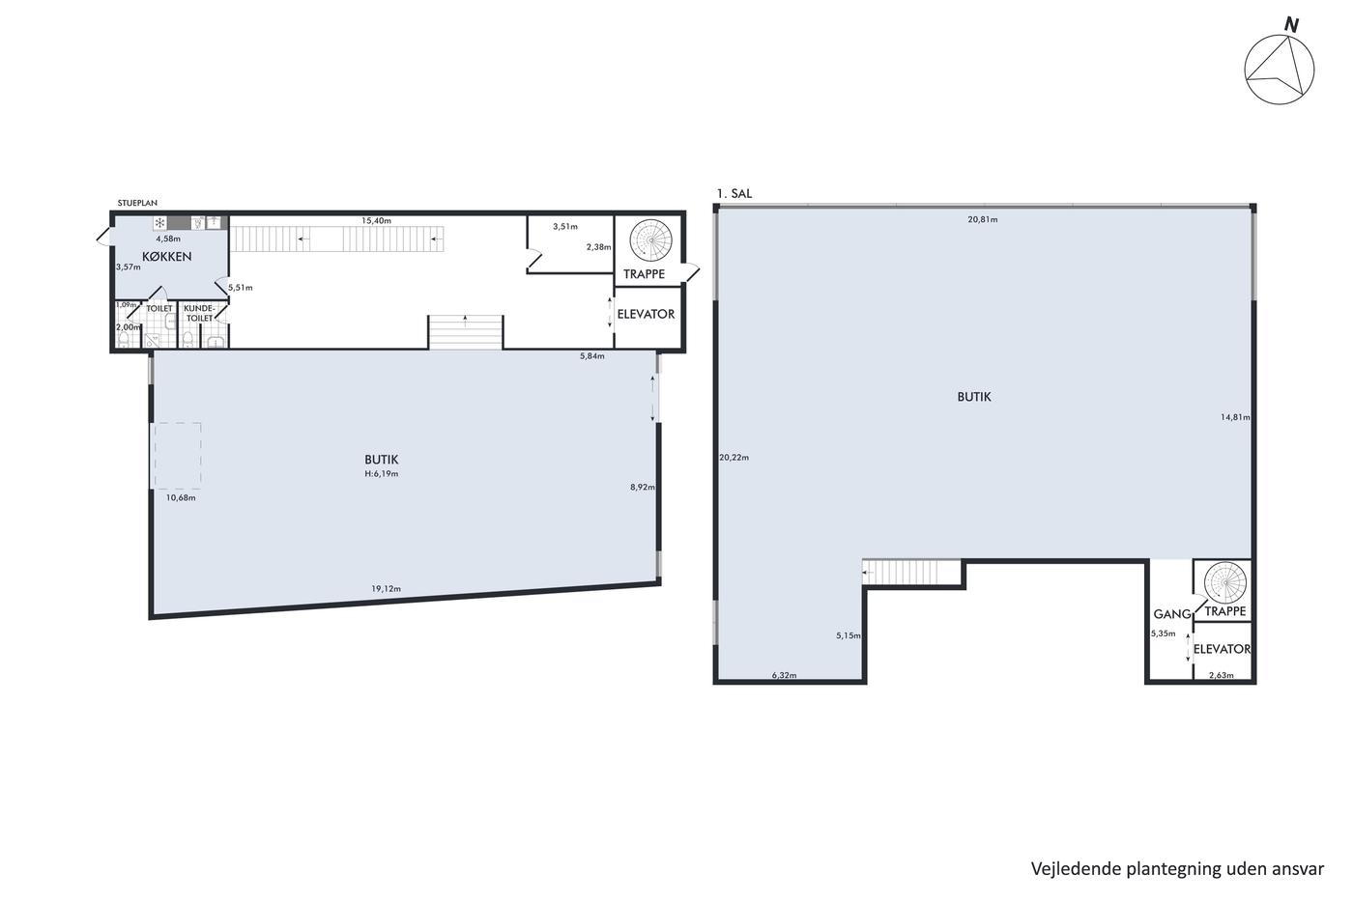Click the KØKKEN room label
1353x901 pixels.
point(166,257)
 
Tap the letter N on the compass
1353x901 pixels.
point(1291,25)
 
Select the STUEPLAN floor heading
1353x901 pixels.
point(137,204)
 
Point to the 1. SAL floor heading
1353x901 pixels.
point(734,194)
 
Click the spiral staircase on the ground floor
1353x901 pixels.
point(650,240)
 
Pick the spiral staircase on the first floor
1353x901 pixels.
point(1225,583)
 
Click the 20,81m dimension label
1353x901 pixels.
point(983,219)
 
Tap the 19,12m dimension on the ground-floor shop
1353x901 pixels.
point(386,588)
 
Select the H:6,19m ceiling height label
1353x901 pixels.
point(381,474)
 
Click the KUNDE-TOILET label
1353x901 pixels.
point(199,313)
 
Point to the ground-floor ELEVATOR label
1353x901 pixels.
point(646,315)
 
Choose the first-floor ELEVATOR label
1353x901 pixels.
point(1222,649)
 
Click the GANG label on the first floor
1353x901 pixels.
point(1171,614)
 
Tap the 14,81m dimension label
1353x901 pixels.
point(1235,417)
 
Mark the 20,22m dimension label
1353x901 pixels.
point(734,458)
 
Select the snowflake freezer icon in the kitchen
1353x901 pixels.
point(160,223)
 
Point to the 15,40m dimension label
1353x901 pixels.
point(376,221)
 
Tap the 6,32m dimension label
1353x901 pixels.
point(784,675)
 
